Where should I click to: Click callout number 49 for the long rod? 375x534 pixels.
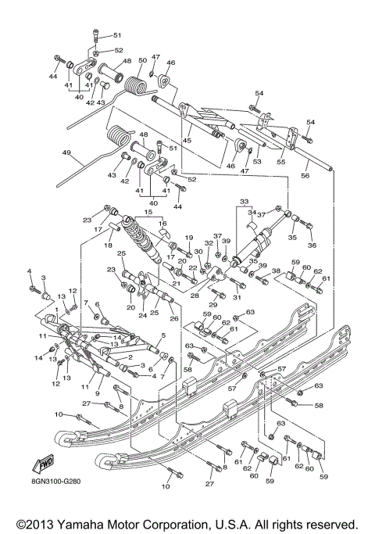coord(66,153)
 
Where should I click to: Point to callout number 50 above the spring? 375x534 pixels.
coord(142,60)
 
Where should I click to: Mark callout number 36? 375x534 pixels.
coord(312,245)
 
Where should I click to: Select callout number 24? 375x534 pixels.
coord(141,317)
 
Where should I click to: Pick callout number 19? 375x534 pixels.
coord(188,237)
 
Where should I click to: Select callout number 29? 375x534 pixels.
coord(211,304)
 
